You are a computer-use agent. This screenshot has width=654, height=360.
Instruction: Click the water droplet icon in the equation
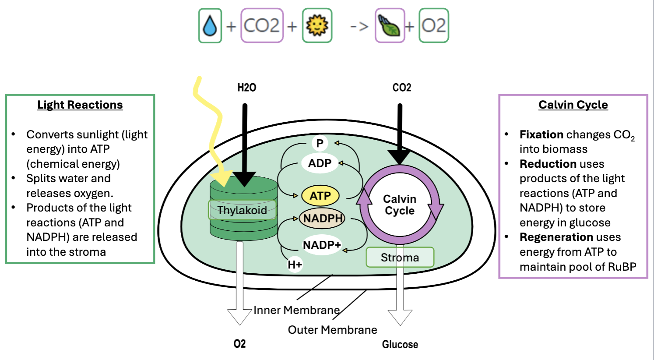(x=210, y=26)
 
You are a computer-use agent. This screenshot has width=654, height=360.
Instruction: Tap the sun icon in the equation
(x=317, y=26)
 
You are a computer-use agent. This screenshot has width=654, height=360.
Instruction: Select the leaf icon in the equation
(x=390, y=26)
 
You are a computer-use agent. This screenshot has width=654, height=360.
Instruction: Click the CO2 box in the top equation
(x=262, y=26)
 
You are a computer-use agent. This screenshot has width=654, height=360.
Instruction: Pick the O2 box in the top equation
(x=433, y=26)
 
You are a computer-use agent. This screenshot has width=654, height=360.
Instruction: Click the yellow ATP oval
(x=320, y=196)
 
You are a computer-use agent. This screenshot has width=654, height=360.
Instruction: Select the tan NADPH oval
(x=322, y=218)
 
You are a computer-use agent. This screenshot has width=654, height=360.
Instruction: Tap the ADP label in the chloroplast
(x=320, y=163)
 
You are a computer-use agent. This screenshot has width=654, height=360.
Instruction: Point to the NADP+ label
(x=322, y=245)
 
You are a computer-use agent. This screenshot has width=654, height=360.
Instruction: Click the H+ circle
(x=295, y=265)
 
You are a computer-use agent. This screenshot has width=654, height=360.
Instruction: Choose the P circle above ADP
(x=320, y=143)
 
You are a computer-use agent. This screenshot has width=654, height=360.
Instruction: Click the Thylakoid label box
(x=242, y=210)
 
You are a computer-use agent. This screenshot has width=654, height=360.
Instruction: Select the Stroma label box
(x=400, y=258)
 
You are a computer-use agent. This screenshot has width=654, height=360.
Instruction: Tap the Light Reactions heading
(x=80, y=105)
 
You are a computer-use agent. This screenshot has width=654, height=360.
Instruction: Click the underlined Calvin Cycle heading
(x=573, y=105)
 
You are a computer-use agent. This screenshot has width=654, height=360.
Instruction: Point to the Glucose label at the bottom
(x=400, y=345)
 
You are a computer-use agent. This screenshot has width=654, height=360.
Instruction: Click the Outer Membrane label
(x=332, y=330)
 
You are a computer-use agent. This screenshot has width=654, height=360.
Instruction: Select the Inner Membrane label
(x=296, y=310)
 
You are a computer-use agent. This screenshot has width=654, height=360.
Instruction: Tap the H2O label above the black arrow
(x=246, y=88)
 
